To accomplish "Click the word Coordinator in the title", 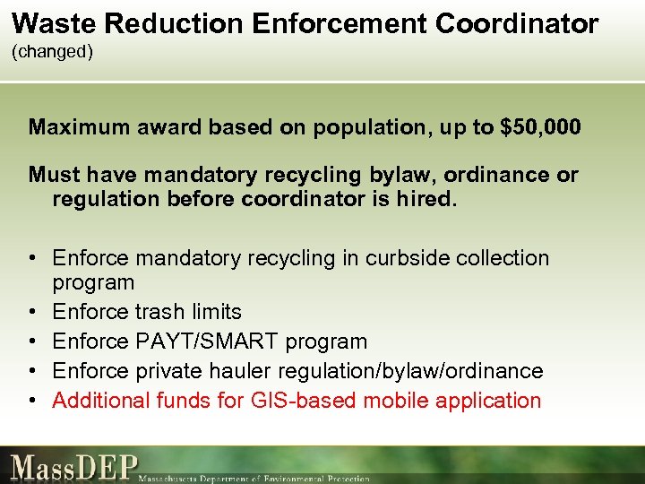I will click(x=517, y=23).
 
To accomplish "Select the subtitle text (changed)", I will click(x=52, y=52).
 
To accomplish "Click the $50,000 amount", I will click(x=541, y=127).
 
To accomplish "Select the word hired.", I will click(x=426, y=199).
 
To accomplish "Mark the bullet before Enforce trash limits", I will click(x=32, y=312).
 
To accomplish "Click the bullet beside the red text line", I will click(x=32, y=401).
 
